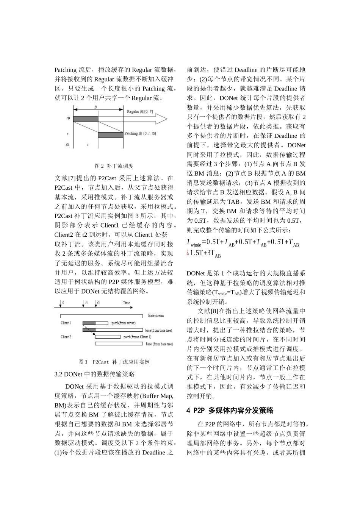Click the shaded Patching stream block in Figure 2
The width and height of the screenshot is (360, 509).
[x=110, y=135]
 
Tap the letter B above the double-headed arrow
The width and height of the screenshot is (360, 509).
[x=95, y=107]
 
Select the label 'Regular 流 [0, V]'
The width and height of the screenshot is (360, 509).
[x=140, y=112]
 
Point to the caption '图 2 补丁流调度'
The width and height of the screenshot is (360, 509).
[x=114, y=166]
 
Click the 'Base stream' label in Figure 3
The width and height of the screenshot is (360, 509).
[x=156, y=315]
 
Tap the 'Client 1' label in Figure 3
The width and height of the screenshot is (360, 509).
[x=66, y=323]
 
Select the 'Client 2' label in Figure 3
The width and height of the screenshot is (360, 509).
[x=66, y=337]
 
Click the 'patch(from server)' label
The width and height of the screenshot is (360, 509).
[x=123, y=323]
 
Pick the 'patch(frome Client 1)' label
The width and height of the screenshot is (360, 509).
[x=137, y=337]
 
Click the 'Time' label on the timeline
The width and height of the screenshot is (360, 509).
[x=127, y=303]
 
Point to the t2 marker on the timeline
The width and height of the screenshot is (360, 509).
[x=98, y=303]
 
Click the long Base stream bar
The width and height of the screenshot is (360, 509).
[x=102, y=315]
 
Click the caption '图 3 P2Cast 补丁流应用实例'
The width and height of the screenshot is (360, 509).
[x=114, y=362]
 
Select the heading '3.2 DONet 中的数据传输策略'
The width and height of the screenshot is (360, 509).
[x=94, y=374]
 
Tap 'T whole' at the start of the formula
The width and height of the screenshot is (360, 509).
[x=194, y=243]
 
